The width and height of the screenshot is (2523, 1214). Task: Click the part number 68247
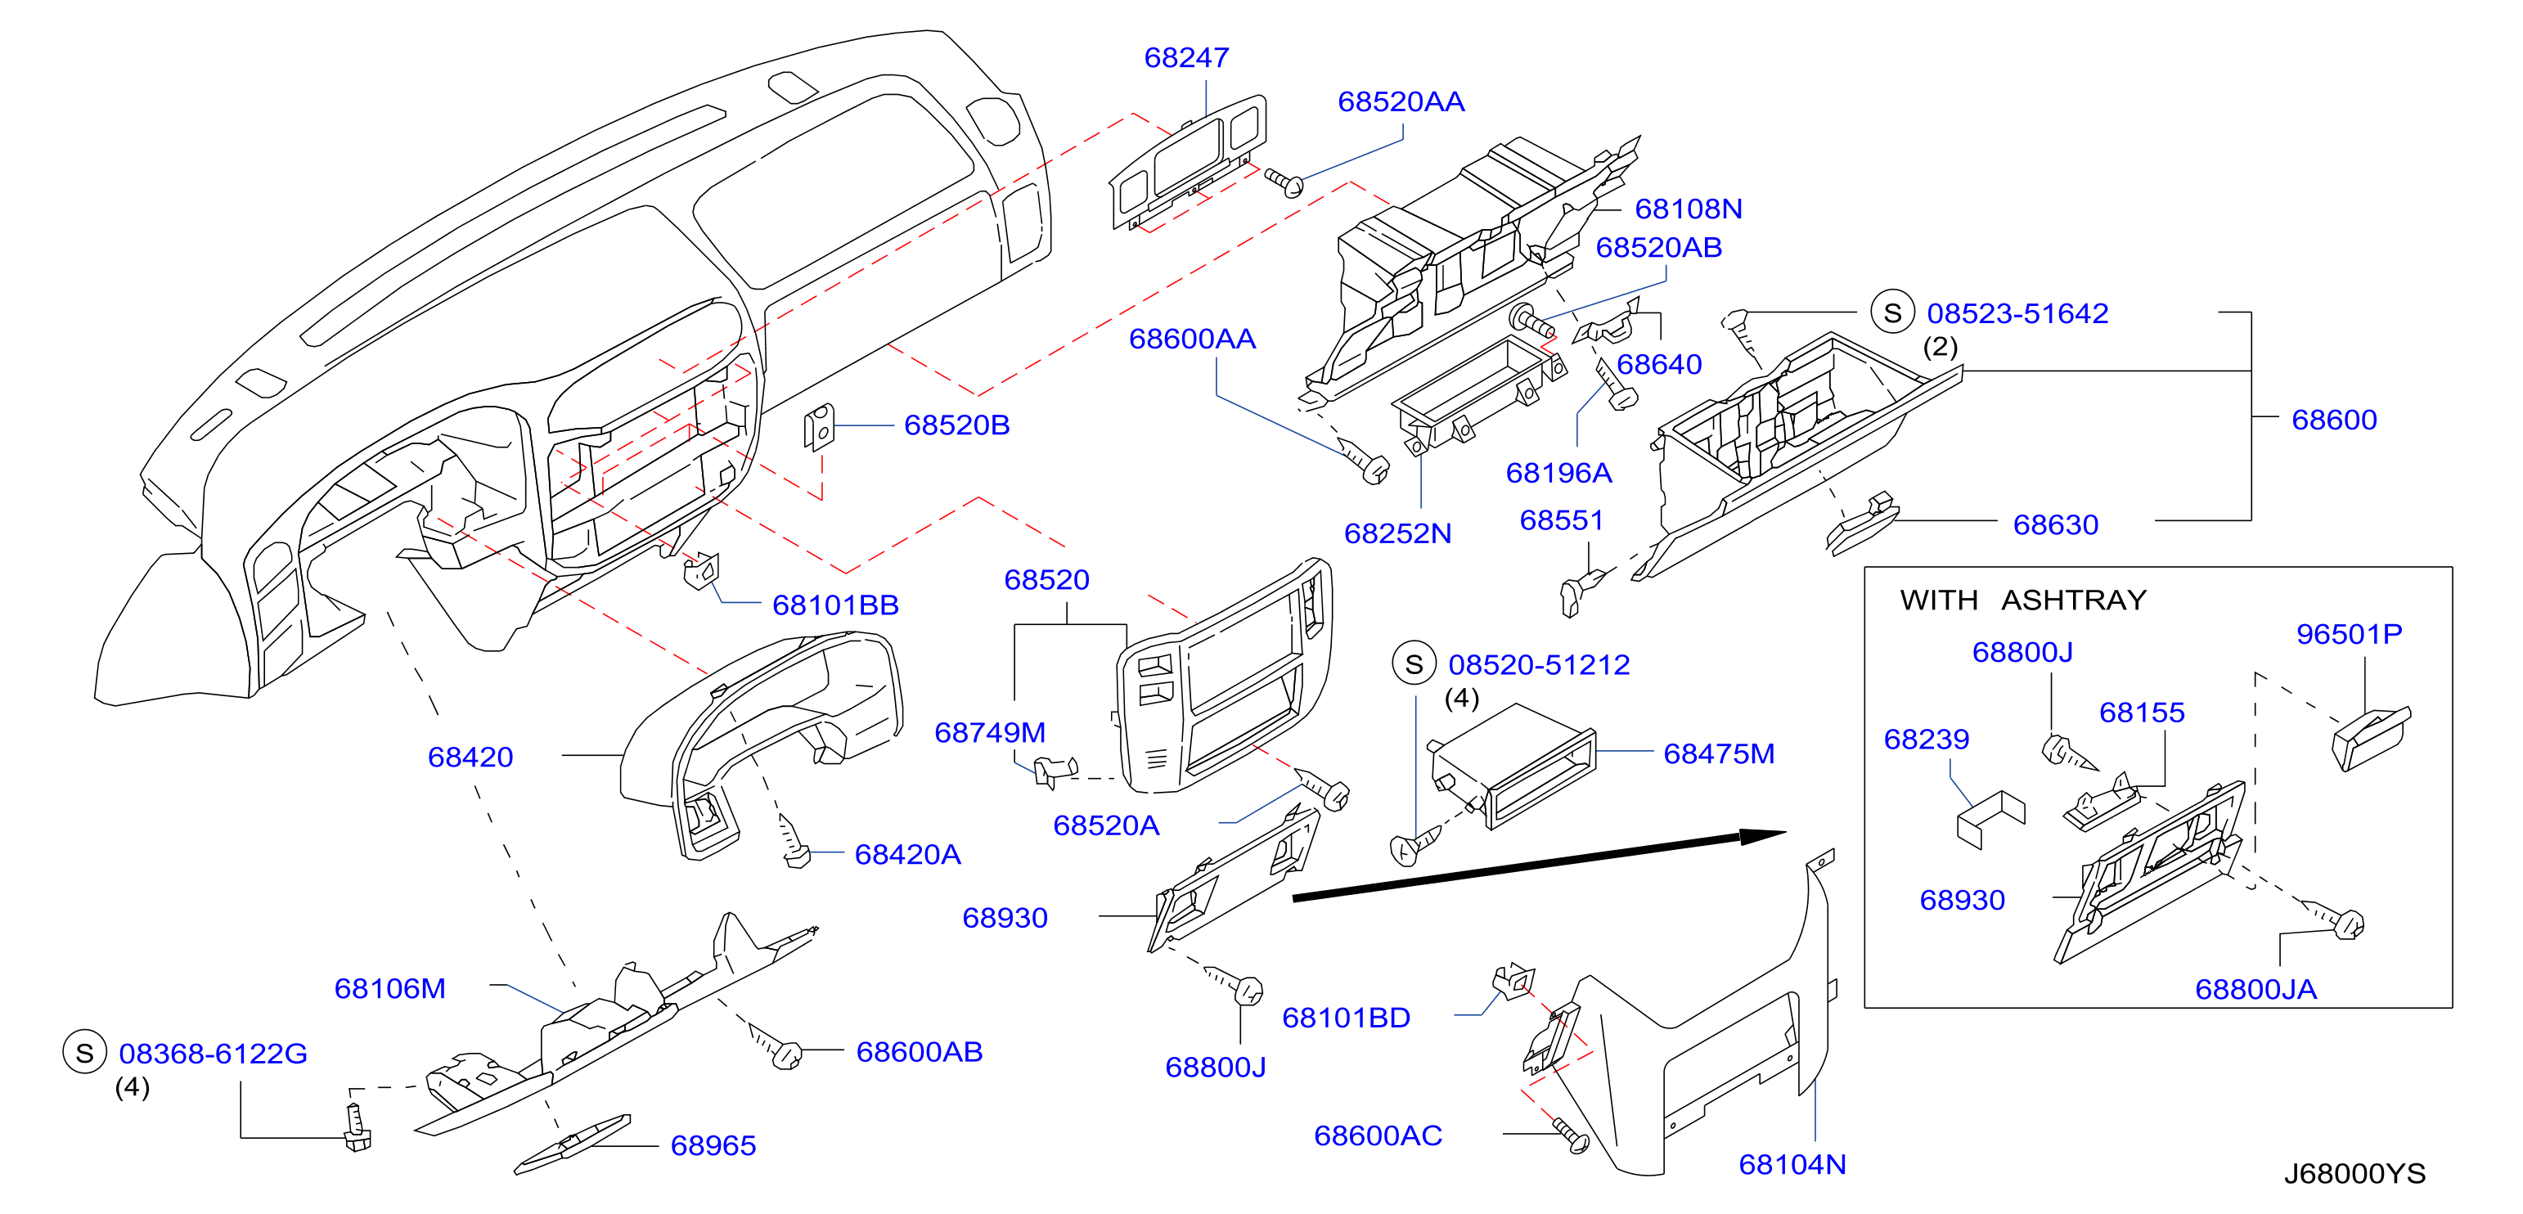click(1185, 58)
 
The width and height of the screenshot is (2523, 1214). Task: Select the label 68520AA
click(1401, 101)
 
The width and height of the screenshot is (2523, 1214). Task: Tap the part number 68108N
click(1689, 209)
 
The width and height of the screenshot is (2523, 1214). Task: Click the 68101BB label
click(834, 605)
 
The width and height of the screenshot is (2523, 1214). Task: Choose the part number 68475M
click(1719, 754)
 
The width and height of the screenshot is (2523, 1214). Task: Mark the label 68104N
click(1792, 1164)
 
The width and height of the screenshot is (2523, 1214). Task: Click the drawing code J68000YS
click(2354, 1173)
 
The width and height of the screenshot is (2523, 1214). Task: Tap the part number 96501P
click(2349, 635)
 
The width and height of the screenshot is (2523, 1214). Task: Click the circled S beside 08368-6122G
click(84, 1053)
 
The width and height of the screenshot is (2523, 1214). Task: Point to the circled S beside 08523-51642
click(1892, 312)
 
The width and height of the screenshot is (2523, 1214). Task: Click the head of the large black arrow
click(1763, 836)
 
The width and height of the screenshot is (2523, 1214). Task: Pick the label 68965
click(713, 1145)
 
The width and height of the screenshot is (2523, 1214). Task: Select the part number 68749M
click(989, 732)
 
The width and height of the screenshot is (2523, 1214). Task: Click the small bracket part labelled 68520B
click(819, 428)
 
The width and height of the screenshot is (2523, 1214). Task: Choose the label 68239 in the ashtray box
click(1926, 740)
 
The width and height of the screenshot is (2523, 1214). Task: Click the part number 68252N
click(1396, 533)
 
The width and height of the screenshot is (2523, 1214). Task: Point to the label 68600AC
click(1377, 1135)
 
